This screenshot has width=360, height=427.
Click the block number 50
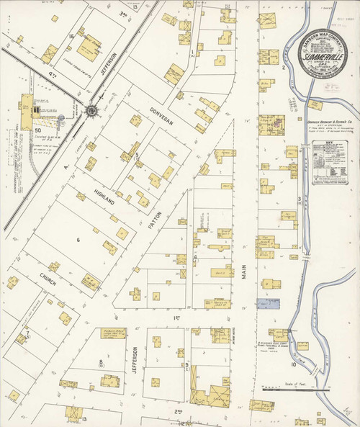pos(37,130)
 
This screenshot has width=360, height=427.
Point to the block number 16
pos(71,35)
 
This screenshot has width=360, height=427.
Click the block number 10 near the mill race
pos(294,364)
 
